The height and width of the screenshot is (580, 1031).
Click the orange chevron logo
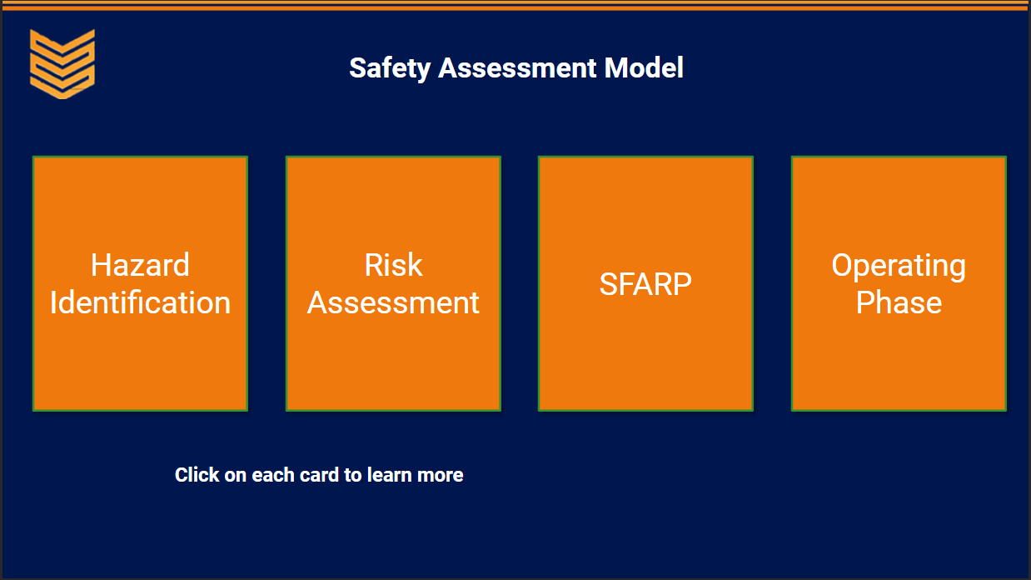point(62,64)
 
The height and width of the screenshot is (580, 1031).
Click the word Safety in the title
point(390,68)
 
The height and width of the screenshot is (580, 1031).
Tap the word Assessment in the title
point(517,68)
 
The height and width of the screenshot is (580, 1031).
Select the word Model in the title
point(644,68)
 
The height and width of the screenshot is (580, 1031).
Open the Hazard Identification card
point(141,283)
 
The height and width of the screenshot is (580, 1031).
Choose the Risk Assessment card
point(393,283)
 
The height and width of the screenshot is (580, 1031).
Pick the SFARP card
point(645,283)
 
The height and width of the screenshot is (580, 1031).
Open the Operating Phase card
point(899,283)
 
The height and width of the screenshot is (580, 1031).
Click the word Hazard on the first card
point(140,265)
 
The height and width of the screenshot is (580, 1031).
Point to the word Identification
point(140,302)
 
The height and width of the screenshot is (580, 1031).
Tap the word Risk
point(393,265)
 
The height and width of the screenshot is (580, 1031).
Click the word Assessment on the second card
point(393,302)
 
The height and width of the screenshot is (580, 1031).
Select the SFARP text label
point(645,284)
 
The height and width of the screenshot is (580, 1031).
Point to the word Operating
point(899,267)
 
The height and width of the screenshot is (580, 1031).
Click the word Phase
point(899,302)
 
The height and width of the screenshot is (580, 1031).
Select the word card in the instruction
point(319,475)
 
